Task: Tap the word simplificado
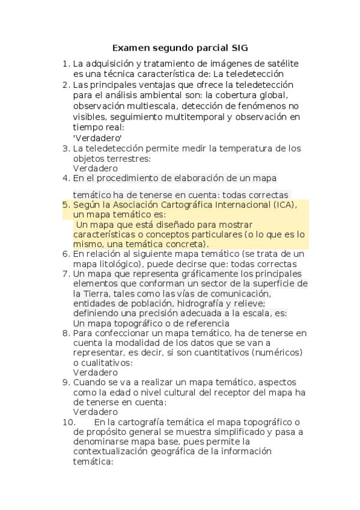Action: (237, 432)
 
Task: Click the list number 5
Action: (66, 205)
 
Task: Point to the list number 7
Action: (66, 274)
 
